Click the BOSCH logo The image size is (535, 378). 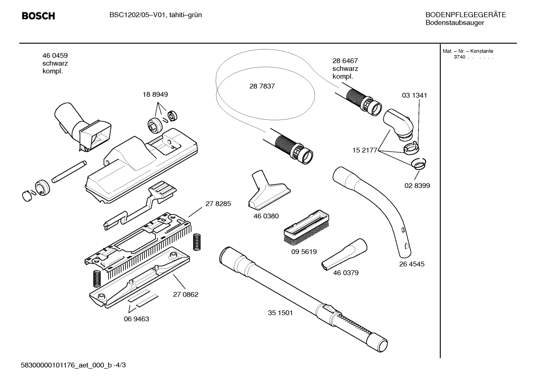(x=38, y=16)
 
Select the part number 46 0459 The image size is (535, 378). (x=55, y=56)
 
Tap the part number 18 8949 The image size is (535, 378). (x=155, y=95)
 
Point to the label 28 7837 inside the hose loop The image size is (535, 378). (x=262, y=86)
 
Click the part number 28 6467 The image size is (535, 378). (x=345, y=61)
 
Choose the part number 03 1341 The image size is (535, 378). (x=414, y=95)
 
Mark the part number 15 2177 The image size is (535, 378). (x=364, y=150)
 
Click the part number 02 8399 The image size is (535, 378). (x=417, y=185)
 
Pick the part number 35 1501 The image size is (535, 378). (x=280, y=313)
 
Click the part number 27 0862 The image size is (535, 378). (x=186, y=295)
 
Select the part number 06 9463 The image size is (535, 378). (x=136, y=319)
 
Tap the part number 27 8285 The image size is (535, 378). (x=218, y=204)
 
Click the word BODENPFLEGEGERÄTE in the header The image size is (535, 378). (x=466, y=15)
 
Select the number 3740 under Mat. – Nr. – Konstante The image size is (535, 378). (x=460, y=57)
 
